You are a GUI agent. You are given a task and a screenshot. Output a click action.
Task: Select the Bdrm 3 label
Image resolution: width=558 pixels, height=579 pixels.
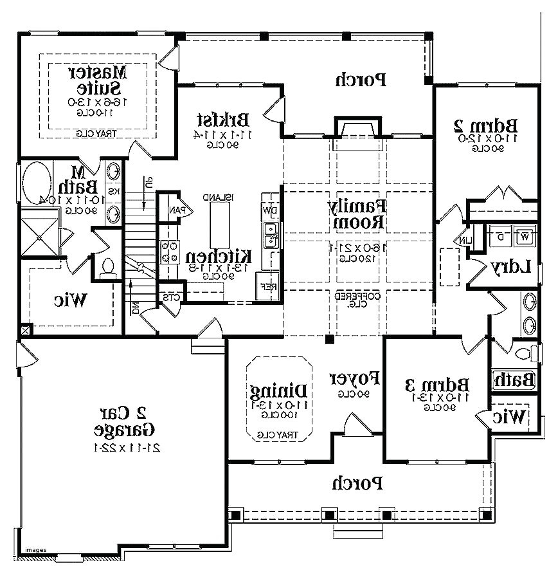(x=437, y=385)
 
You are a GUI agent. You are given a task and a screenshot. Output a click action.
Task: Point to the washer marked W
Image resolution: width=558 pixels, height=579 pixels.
(x=525, y=236)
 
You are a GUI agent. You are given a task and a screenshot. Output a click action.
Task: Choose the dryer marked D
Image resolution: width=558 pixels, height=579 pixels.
(x=500, y=236)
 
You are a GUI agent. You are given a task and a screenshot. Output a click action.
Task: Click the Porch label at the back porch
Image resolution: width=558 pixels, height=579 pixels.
(x=360, y=79)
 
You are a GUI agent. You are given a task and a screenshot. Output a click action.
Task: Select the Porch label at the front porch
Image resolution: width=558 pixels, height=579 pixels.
(x=357, y=482)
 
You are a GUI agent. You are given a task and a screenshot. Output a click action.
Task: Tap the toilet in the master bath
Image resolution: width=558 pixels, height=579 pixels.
(x=107, y=266)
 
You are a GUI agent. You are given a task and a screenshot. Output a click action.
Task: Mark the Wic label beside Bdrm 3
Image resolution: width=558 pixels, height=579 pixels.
(x=510, y=416)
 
